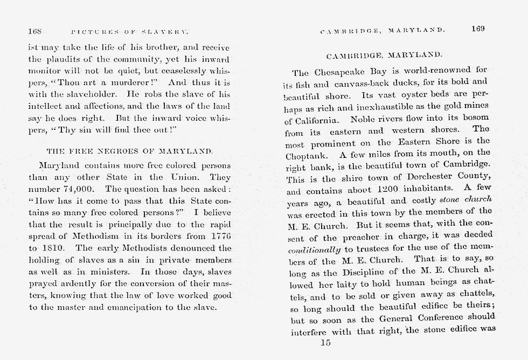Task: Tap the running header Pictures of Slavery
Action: click(130, 32)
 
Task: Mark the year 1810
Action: click(54, 248)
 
